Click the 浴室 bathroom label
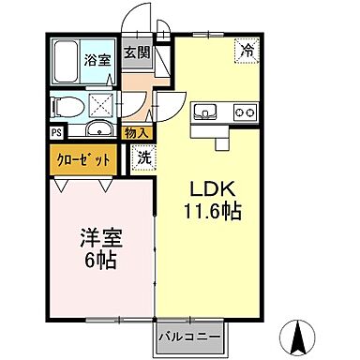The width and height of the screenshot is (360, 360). [99, 60]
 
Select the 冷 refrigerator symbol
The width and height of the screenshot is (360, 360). [248, 52]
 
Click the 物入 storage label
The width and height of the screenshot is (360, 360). [137, 133]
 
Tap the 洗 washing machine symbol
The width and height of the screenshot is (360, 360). [145, 159]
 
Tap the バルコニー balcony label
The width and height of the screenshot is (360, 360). [188, 334]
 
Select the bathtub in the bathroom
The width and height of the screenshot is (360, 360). [66, 60]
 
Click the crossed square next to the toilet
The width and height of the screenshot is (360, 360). [100, 103]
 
